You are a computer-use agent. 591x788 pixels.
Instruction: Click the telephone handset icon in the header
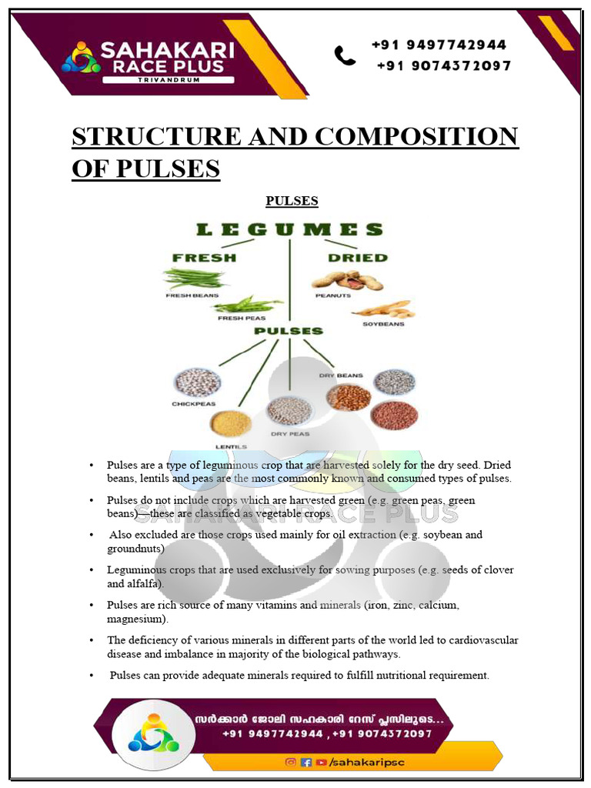pyautogui.click(x=345, y=55)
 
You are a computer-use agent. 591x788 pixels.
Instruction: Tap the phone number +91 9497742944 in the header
pyautogui.click(x=439, y=45)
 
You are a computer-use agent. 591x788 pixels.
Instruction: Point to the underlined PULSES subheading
pyautogui.click(x=292, y=201)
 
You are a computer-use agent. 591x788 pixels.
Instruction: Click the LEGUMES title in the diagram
pyautogui.click(x=289, y=229)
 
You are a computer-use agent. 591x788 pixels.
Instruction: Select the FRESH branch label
pyautogui.click(x=204, y=258)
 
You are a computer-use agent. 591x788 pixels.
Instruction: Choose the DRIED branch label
pyautogui.click(x=357, y=258)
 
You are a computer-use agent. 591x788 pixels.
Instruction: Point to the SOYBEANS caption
pyautogui.click(x=383, y=324)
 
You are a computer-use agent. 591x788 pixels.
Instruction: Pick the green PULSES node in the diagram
pyautogui.click(x=289, y=331)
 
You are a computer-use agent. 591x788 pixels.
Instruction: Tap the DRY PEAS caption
pyautogui.click(x=289, y=434)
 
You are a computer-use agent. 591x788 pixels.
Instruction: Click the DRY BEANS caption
pyautogui.click(x=341, y=376)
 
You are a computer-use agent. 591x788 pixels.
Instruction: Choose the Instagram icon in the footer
pyautogui.click(x=291, y=762)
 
